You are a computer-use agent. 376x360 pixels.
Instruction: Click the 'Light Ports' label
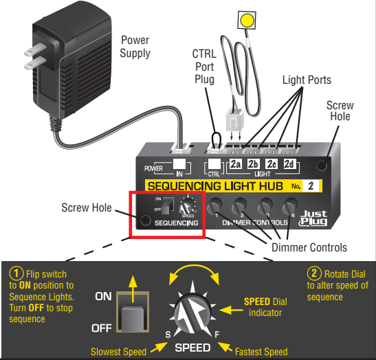(307, 80)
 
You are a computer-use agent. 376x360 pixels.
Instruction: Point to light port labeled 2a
(235, 164)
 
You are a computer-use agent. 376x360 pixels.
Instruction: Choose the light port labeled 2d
(290, 164)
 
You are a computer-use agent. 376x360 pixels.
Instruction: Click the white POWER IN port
(180, 165)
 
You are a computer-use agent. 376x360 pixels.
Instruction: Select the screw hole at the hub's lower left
(145, 221)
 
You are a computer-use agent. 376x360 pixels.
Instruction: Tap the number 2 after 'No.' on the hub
(311, 185)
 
